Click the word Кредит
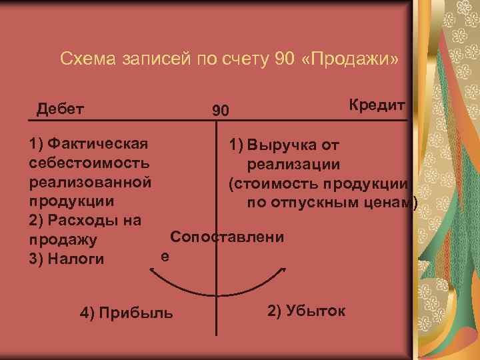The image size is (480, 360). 377,105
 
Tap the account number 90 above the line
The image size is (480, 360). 220,110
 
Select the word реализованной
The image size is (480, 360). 91,181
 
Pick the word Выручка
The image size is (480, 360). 283,145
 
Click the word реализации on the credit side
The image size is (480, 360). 294,164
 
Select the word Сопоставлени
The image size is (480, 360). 227,237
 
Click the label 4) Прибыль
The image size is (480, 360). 126,312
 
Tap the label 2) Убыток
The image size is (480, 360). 306,310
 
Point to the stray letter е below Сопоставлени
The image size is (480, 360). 165,255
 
